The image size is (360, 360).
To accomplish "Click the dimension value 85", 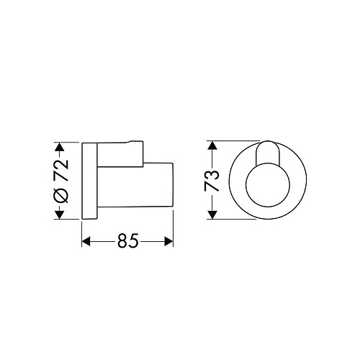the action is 128,240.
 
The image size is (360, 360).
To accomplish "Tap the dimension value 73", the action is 212,181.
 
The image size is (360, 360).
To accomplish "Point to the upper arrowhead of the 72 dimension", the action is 60,147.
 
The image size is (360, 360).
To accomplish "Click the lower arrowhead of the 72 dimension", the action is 60,215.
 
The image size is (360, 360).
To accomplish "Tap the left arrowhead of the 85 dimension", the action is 86,241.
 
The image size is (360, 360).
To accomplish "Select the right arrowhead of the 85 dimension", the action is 168,241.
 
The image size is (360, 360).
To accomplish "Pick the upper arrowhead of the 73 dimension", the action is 212,145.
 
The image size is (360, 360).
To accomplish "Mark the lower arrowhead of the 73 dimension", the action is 212,215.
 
